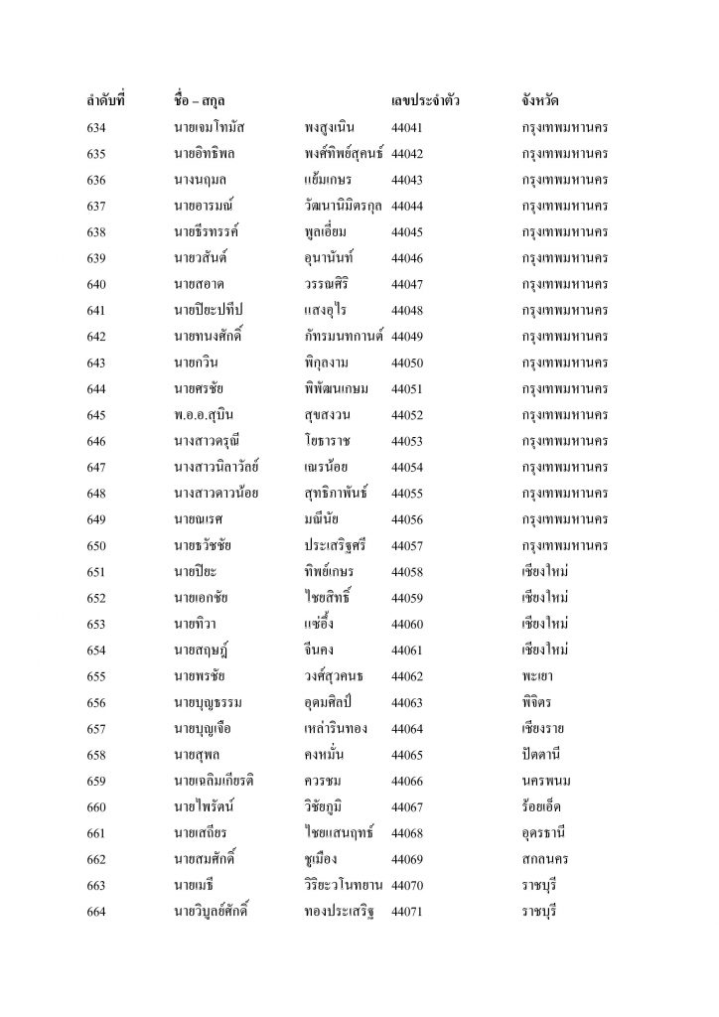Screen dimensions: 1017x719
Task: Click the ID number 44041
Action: pos(408,128)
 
